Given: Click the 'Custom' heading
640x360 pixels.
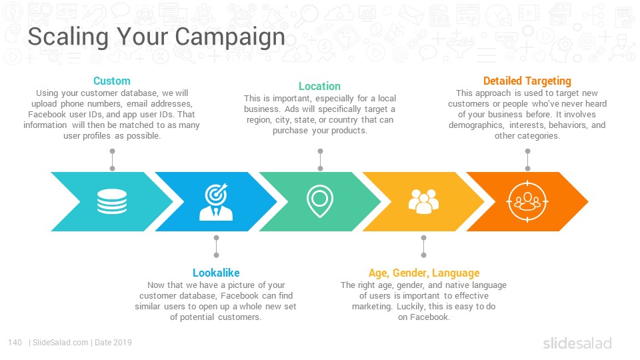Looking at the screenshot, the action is point(112,81).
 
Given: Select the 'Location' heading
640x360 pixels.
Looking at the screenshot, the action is point(319,86).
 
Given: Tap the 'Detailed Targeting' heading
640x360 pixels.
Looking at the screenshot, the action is point(527,81).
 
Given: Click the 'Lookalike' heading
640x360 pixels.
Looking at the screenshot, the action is point(216,273).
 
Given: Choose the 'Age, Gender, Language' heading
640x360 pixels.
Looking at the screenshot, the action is point(424,273).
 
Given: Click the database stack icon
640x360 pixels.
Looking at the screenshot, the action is point(112,201).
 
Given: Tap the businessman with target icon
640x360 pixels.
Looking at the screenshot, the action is point(216,202).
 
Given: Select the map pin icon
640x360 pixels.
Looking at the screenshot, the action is point(320,201).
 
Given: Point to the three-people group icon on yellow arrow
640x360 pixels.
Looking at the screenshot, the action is point(424,201).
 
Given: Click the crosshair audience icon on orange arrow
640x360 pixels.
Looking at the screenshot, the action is point(527,201).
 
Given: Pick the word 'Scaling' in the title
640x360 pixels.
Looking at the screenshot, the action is point(69,37).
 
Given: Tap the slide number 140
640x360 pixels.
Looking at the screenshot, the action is point(15,343).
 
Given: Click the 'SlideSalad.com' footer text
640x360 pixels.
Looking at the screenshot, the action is point(61,343).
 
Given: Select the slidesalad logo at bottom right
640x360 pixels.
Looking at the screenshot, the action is point(577,343).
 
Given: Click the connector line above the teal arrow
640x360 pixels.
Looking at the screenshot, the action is point(112,159).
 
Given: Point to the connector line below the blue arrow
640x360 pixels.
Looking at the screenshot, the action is point(216,247).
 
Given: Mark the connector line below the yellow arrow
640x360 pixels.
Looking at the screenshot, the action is point(424,247).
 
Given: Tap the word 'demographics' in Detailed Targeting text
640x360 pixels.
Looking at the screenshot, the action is point(476,125).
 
